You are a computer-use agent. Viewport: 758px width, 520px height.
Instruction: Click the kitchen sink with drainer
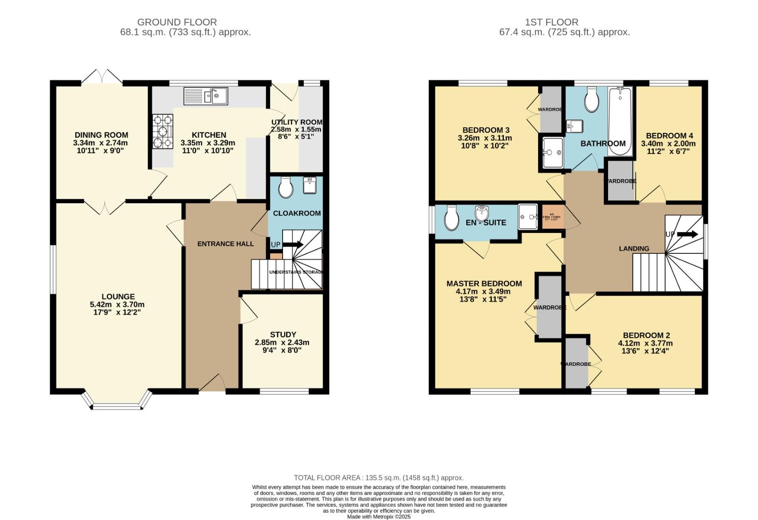coord(205,96)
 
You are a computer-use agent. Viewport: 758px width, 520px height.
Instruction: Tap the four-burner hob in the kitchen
coord(162,131)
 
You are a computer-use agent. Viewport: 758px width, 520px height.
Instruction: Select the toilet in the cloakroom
coord(286,187)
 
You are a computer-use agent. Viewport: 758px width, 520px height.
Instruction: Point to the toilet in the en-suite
coord(451,219)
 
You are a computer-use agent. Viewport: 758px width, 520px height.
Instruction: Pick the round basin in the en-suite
coord(482,212)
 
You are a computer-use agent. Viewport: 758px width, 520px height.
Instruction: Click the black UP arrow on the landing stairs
coord(687,234)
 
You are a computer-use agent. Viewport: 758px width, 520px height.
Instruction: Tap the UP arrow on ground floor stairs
coord(293,245)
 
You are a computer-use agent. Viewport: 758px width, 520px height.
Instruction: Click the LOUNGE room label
coord(118,297)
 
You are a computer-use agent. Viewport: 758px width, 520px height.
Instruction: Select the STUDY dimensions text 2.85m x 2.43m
coord(282,343)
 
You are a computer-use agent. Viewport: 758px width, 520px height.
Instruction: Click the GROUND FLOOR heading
coord(177,22)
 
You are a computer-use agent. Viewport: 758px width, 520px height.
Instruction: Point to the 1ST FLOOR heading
coord(552,22)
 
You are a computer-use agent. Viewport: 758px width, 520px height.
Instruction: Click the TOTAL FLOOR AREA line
coord(379,478)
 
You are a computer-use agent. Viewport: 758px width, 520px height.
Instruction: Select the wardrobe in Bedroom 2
coord(575,364)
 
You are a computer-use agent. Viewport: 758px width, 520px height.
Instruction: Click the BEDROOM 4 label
coord(669,136)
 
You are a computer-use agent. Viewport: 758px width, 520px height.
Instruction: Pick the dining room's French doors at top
coord(101,77)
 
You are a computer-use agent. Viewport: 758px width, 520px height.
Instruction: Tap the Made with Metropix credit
coord(379,517)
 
